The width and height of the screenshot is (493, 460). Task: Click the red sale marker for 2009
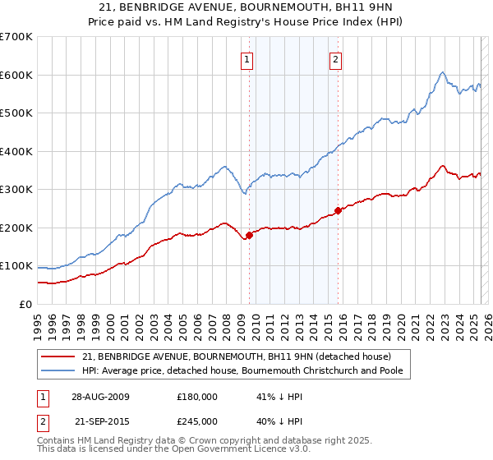[x=249, y=236]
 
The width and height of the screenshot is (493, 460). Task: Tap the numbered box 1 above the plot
[x=246, y=58]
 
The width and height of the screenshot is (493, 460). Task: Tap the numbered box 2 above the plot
[x=337, y=58]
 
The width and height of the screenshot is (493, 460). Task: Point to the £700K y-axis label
[x=16, y=37]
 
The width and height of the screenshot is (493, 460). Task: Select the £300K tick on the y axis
[x=16, y=190]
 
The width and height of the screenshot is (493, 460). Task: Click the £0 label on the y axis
[x=25, y=305]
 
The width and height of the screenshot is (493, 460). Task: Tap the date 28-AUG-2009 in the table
[x=100, y=396]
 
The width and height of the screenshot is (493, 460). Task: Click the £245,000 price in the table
[x=197, y=421]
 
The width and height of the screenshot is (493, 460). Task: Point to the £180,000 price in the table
[x=197, y=396]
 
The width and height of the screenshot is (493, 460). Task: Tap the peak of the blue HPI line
[x=442, y=72]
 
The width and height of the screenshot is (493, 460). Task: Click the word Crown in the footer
[x=204, y=440]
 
